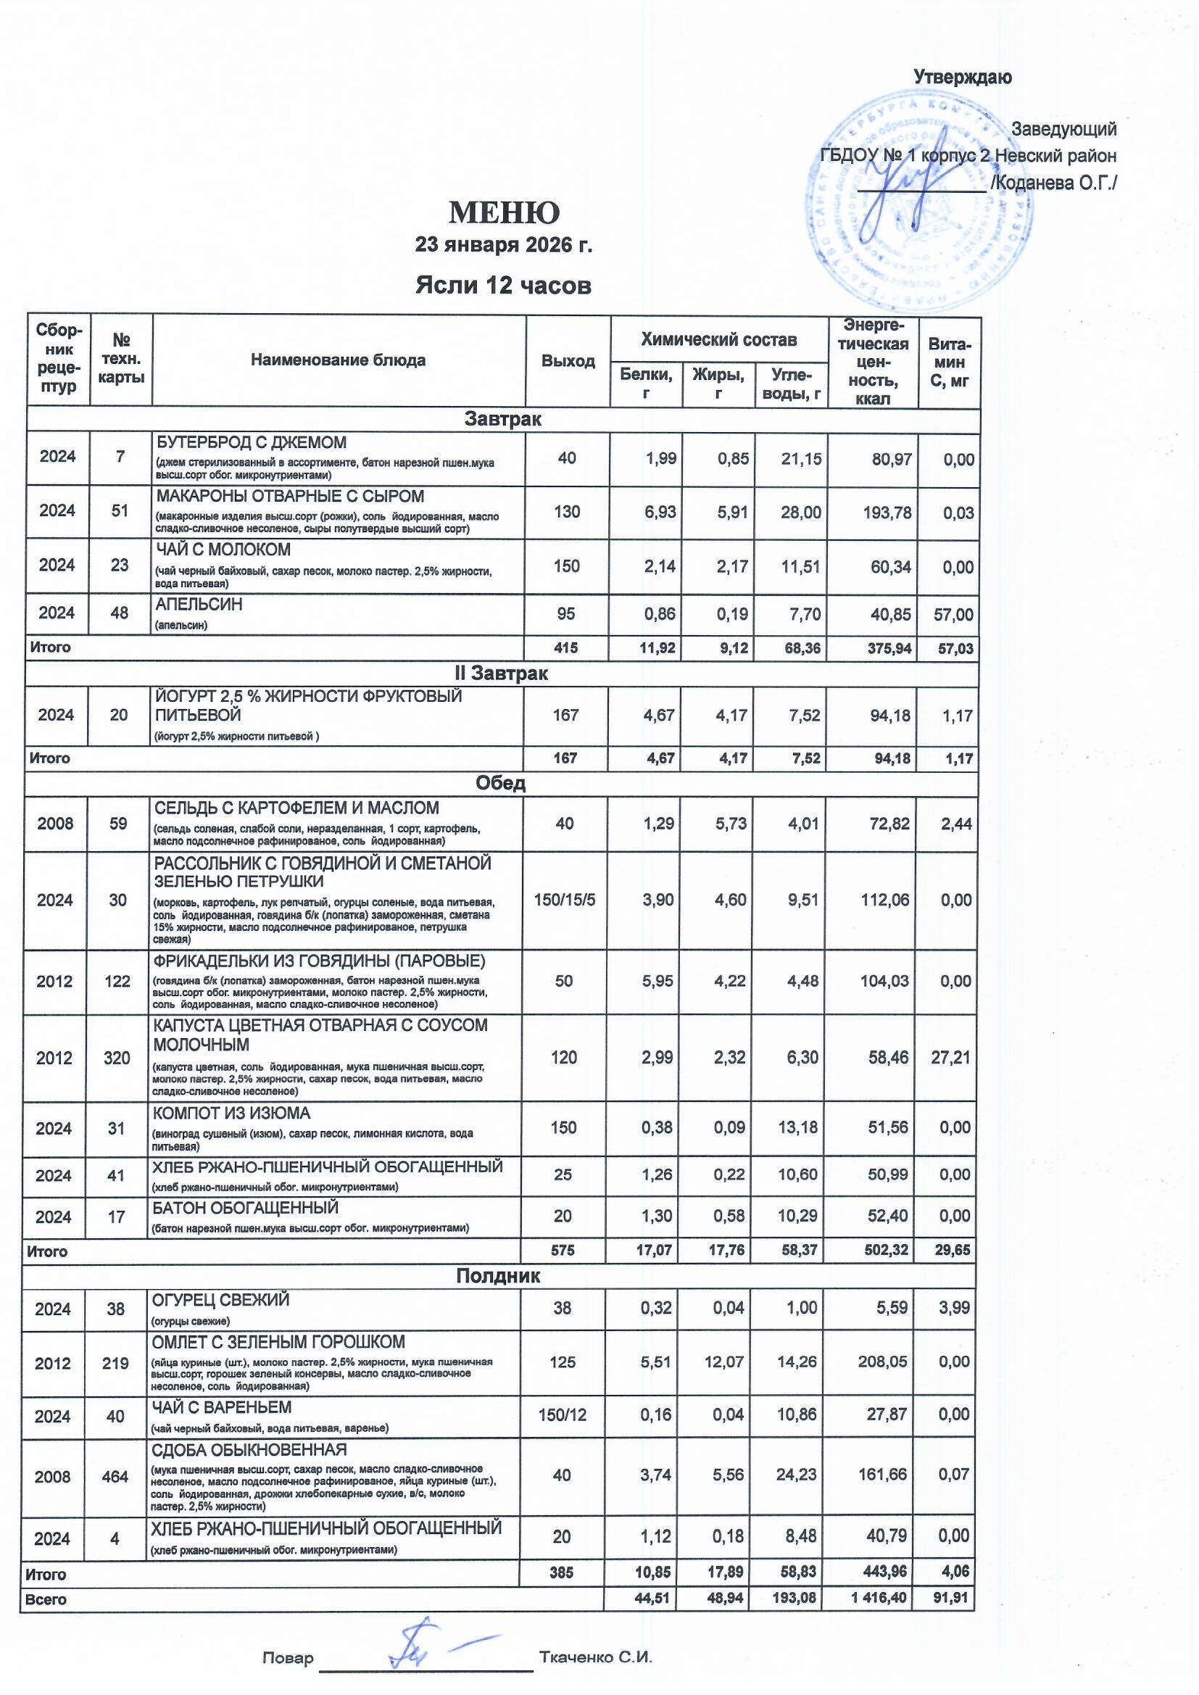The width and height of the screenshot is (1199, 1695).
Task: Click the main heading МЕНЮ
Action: coord(504,212)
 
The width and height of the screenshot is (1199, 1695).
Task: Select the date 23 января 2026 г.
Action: coord(504,244)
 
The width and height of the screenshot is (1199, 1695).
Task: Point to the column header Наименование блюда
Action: coord(338,360)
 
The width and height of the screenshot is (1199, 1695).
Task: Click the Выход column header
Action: coord(568,361)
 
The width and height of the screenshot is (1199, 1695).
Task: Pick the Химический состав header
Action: coord(718,339)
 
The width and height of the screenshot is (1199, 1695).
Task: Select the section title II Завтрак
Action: coord(502,674)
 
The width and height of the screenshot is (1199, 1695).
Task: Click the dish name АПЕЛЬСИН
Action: coord(199,604)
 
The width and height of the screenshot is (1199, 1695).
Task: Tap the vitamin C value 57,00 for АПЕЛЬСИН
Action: coord(953,614)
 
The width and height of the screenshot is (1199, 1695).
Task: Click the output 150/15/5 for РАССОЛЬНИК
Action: coord(565,900)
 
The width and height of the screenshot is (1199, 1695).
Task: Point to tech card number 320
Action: coord(117,1058)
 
